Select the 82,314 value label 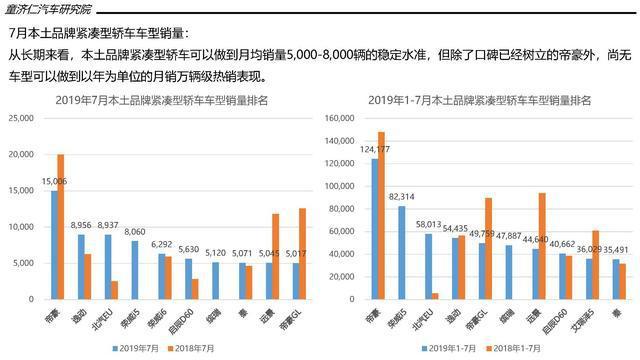402,197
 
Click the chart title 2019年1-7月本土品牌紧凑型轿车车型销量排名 479,100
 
